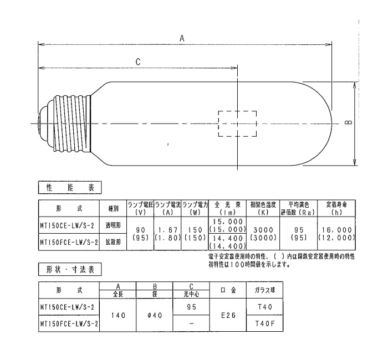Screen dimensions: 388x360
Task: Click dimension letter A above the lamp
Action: pos(182,38)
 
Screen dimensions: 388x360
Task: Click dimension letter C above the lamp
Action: pos(138,62)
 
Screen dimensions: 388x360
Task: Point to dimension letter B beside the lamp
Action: pos(349,122)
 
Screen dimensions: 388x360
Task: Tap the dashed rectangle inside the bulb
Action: pos(218,124)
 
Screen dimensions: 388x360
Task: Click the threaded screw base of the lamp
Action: pos(72,124)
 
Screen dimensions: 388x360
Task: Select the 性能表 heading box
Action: pos(70,188)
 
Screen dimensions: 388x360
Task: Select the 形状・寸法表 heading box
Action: pos(70,269)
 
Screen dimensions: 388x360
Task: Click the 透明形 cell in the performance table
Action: pos(113,225)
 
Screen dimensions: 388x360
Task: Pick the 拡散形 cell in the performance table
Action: pos(113,242)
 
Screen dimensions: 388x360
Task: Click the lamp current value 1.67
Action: pos(168,230)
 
